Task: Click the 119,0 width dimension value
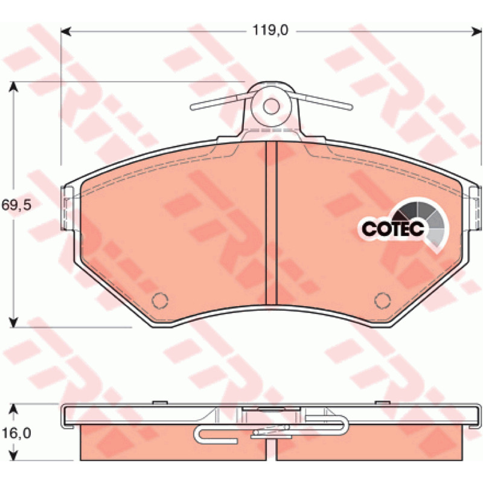tap(270, 31)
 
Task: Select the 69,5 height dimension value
tap(17, 205)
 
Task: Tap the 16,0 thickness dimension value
tap(17, 433)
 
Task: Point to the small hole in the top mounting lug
tap(271, 106)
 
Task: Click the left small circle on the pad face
tap(160, 300)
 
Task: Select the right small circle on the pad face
tap(382, 300)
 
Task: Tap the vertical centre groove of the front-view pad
tap(271, 223)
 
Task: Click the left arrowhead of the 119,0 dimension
tap(66, 31)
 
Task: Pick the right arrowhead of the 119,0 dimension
tap(476, 31)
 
